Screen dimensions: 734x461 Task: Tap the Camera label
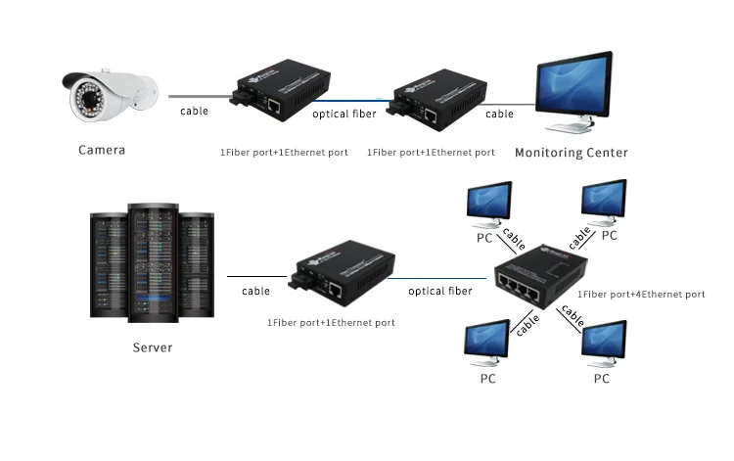point(102,150)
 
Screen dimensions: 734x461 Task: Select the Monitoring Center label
point(572,153)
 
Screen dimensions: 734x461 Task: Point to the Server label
point(153,347)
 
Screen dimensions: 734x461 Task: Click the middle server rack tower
point(153,263)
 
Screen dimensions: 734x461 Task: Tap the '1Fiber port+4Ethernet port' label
point(641,295)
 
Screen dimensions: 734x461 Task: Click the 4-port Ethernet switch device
point(541,276)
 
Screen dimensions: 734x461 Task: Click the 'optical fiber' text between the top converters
point(344,114)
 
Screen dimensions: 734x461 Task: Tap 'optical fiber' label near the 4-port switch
point(440,291)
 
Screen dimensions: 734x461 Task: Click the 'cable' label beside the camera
point(195,111)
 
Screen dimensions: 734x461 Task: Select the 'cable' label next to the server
point(256,291)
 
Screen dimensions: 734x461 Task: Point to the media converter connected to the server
point(343,273)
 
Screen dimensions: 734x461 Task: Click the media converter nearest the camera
point(280,90)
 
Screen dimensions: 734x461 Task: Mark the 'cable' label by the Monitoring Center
point(499,114)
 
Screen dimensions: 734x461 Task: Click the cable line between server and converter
point(257,277)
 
